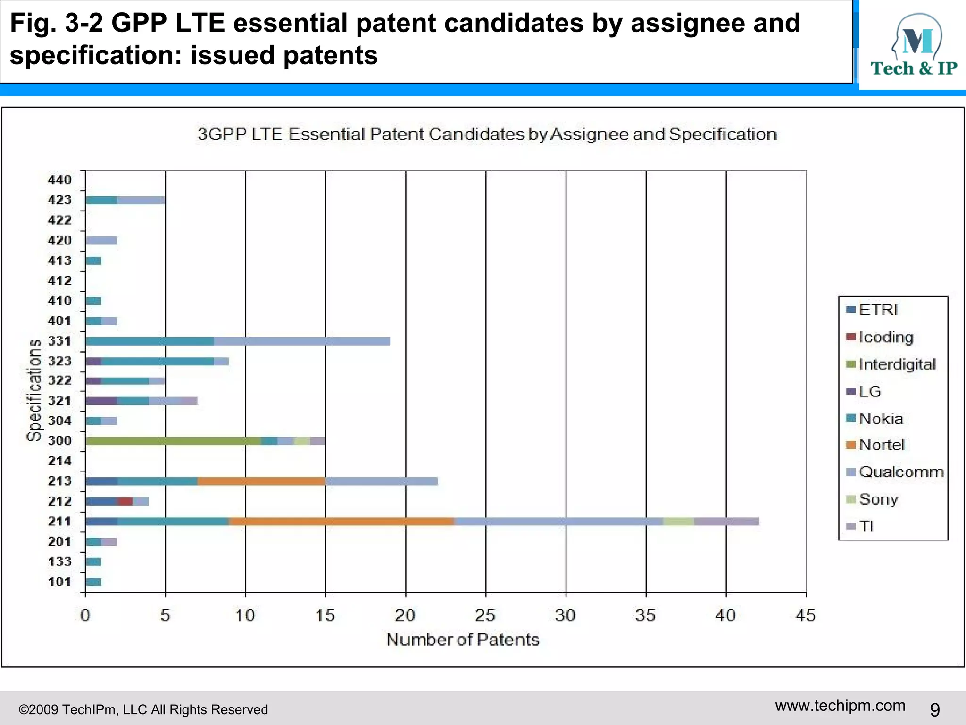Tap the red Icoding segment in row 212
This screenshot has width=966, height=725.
125,501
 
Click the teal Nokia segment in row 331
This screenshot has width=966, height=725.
150,341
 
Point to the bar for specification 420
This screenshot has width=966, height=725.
101,241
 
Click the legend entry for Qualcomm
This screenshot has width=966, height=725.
895,472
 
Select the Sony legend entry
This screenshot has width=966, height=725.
873,499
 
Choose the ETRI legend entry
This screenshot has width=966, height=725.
873,310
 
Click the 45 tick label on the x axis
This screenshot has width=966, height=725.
806,615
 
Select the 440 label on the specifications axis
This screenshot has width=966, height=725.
59,180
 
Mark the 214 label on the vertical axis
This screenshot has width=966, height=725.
59,461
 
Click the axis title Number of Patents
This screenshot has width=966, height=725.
463,640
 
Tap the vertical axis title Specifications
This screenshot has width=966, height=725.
34,390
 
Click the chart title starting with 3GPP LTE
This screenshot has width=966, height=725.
487,134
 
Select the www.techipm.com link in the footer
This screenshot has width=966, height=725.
840,706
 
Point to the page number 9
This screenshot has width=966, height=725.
934,709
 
